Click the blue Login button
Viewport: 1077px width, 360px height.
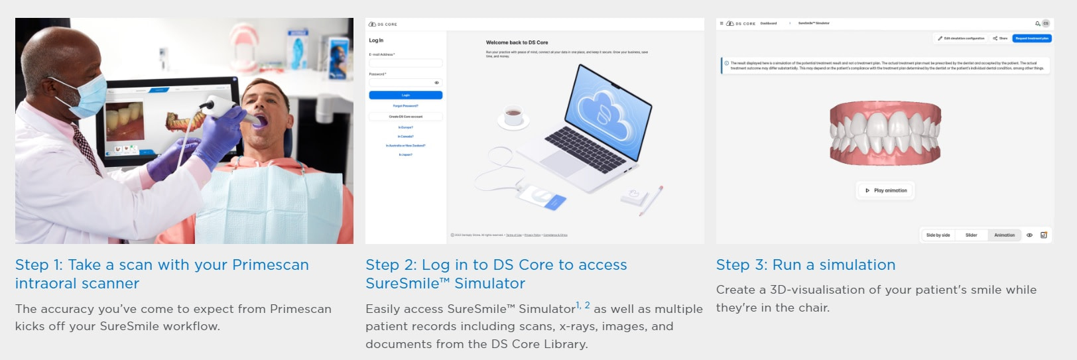pyautogui.click(x=405, y=95)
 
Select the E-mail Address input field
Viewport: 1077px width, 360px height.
pyautogui.click(x=405, y=63)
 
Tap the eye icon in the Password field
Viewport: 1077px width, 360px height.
pyautogui.click(x=436, y=83)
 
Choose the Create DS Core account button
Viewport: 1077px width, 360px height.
pyautogui.click(x=405, y=117)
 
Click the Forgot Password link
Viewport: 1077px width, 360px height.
pyautogui.click(x=405, y=106)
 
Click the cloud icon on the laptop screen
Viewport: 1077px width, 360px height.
pyautogui.click(x=602, y=110)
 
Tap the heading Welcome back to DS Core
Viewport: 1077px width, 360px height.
pyautogui.click(x=517, y=42)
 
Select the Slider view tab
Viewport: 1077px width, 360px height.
pyautogui.click(x=971, y=235)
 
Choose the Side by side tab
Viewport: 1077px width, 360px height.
pyautogui.click(x=938, y=235)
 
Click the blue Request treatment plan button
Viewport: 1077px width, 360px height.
pyautogui.click(x=1031, y=38)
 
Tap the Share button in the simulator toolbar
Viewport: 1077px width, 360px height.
pyautogui.click(x=1000, y=38)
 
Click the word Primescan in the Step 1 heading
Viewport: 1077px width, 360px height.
pyautogui.click(x=271, y=265)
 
